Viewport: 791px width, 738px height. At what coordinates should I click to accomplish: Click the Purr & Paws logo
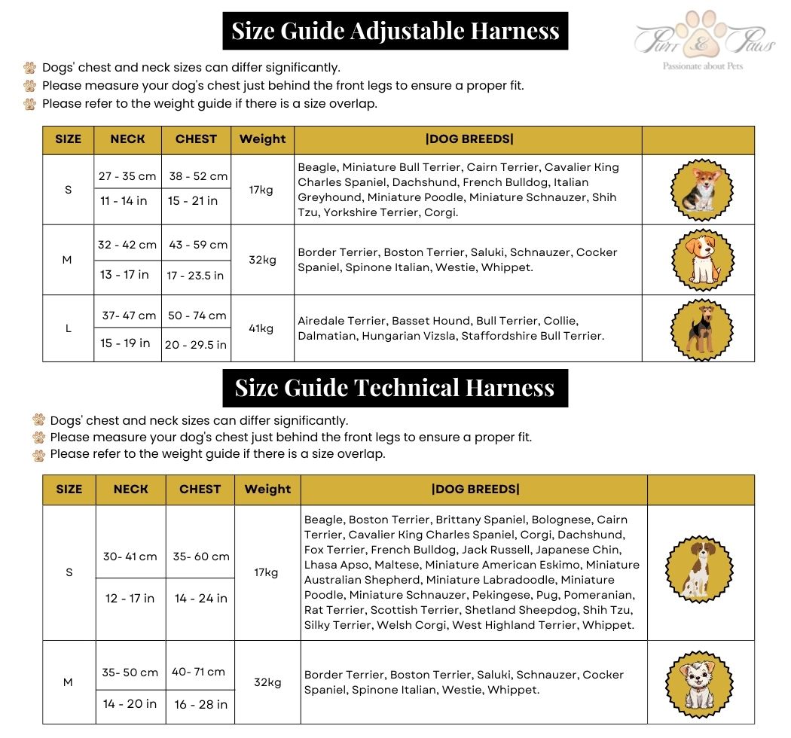pos(704,41)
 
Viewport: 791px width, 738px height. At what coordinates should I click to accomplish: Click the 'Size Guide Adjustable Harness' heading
pos(395,31)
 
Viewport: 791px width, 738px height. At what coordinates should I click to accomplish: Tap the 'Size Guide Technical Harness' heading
pos(395,388)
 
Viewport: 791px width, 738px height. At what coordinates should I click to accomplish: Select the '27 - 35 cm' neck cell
pos(127,176)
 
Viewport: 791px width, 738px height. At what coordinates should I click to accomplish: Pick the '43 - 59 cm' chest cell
pos(197,245)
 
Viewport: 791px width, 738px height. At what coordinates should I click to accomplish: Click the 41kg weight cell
pos(261,328)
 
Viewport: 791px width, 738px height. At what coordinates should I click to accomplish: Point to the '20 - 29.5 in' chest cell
pos(196,345)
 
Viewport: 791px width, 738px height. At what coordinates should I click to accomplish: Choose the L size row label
pos(69,328)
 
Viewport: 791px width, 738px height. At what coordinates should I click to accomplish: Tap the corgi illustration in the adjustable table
pos(698,190)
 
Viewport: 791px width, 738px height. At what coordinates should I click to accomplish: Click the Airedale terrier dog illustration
pos(698,329)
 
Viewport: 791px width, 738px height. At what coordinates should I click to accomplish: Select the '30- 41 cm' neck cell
pos(130,557)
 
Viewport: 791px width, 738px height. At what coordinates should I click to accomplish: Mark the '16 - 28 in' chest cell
pos(200,704)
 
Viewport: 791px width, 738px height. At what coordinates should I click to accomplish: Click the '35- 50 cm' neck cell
pos(130,672)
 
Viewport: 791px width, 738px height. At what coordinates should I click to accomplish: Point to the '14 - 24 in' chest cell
pos(200,598)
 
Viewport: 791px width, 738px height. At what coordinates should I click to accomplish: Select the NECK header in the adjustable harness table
pos(127,139)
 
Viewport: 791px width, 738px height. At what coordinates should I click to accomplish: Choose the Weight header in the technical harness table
pos(267,489)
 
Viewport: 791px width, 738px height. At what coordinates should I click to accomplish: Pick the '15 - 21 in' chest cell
pos(193,200)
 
